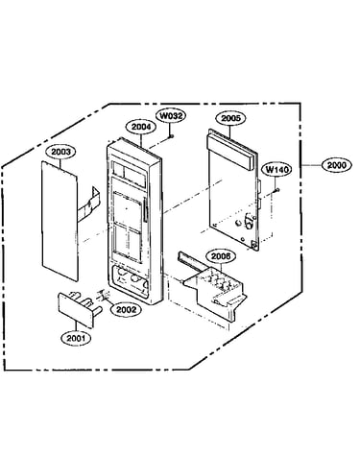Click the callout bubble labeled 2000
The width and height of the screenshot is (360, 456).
coord(337,165)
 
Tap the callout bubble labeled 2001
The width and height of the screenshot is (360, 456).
coord(76,338)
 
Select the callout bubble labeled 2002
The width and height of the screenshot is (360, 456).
coord(126,309)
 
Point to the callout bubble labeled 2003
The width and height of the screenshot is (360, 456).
coord(60,152)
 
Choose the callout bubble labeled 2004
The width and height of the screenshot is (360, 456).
coord(141,127)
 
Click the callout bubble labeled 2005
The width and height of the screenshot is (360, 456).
coord(230,118)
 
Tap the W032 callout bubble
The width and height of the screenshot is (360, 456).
coord(171,115)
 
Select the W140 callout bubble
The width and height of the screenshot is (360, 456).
coord(276,169)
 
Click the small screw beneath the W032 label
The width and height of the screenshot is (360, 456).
coord(172,136)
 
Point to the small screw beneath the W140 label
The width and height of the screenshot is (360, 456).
coord(276,191)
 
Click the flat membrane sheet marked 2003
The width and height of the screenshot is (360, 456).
coord(60,221)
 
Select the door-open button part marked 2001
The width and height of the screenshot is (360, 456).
coord(80,308)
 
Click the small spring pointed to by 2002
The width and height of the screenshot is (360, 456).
coord(102,296)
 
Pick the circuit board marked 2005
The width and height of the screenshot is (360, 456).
coord(233,190)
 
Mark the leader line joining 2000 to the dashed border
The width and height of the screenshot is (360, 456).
coord(312,165)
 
